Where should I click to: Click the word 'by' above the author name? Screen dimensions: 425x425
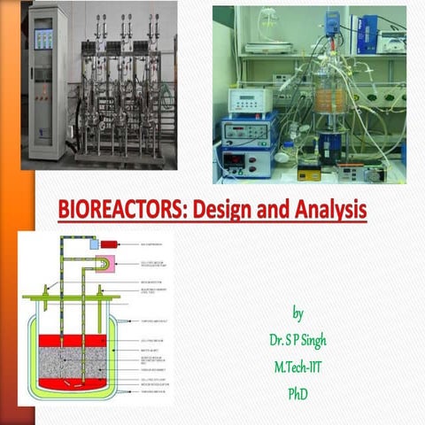click(x=297, y=314)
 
